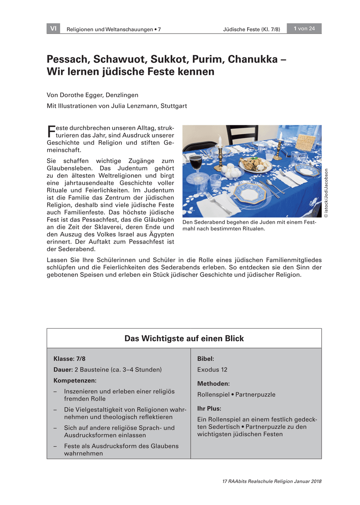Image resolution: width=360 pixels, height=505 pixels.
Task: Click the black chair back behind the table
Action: click(242, 134)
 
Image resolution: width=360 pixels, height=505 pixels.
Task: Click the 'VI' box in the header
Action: click(53, 29)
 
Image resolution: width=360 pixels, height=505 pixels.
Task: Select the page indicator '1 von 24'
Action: click(304, 29)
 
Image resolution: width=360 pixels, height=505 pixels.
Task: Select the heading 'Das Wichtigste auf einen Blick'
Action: click(184, 338)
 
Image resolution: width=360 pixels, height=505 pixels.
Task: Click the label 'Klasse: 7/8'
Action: click(69, 359)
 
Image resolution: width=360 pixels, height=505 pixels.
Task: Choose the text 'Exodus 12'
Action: click(212, 369)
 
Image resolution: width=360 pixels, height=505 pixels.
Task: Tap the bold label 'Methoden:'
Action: click(213, 384)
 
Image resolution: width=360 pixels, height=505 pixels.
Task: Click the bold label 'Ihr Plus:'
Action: click(209, 408)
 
